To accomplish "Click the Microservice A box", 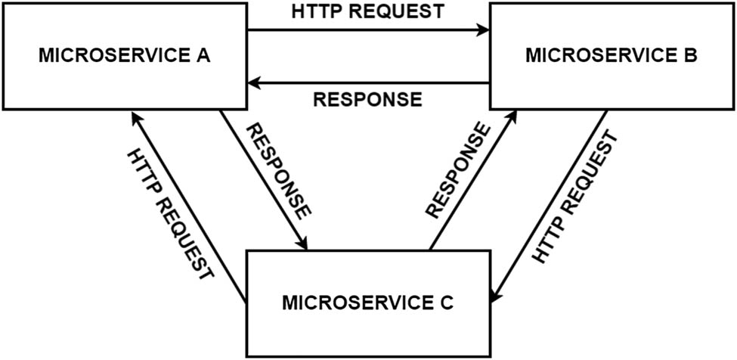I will coord(124,56).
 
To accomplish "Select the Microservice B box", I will coord(612,56).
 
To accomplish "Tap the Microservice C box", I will coord(367,303).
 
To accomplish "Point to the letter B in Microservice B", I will coord(691,56).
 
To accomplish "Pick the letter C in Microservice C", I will coord(447,303).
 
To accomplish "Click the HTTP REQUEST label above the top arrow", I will coord(367,13).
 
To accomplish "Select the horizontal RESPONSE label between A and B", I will coord(367,99).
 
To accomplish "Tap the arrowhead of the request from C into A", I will coord(135,116).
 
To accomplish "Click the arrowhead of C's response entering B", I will coord(514,116).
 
